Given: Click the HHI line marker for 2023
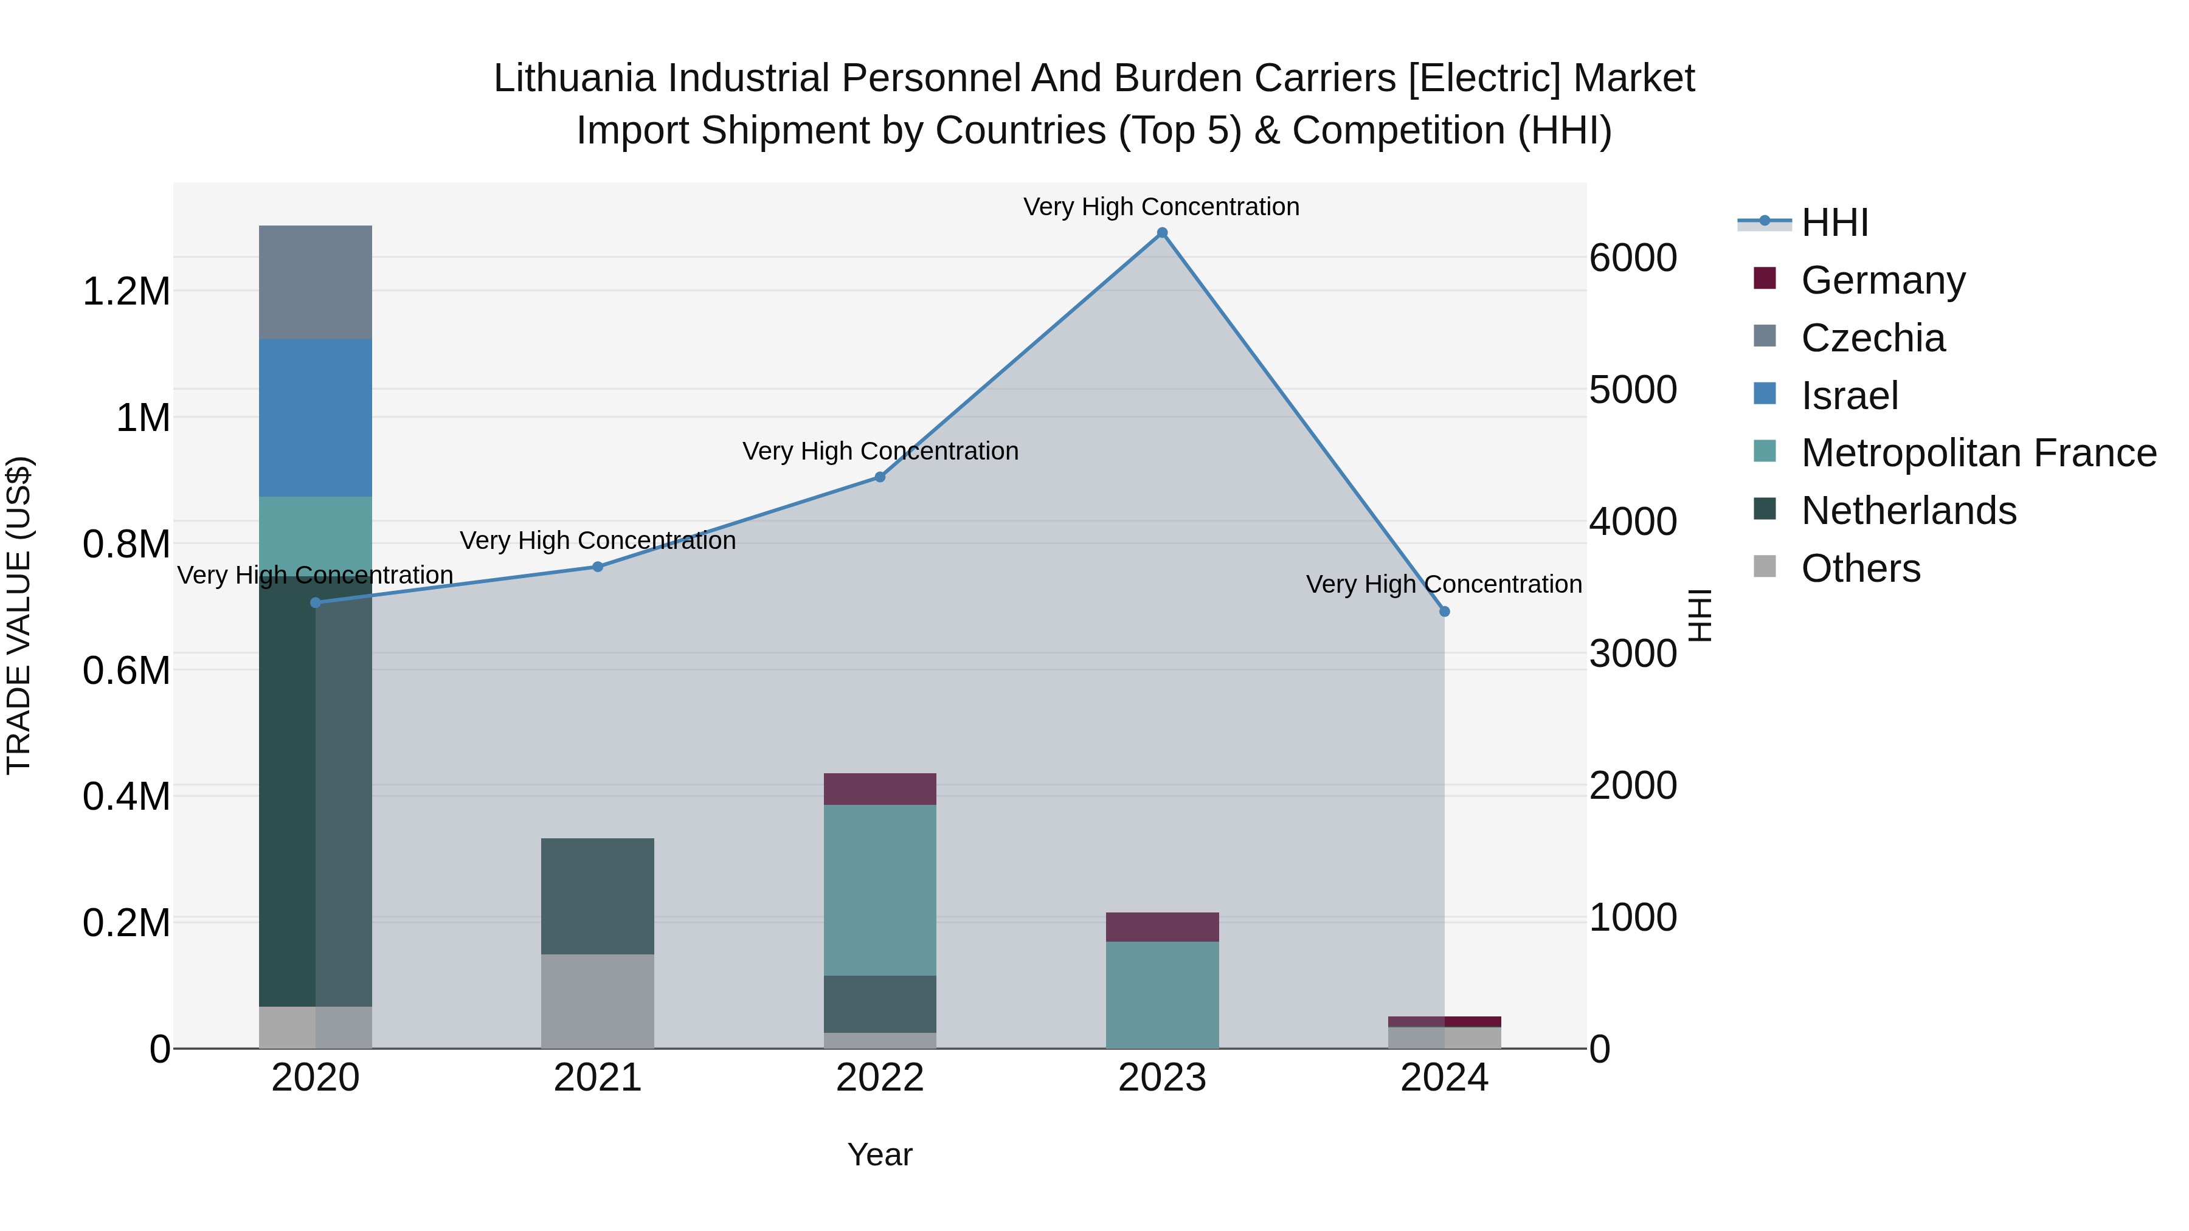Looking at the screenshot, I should pyautogui.click(x=1161, y=233).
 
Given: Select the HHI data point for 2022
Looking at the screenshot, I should pyautogui.click(x=879, y=477).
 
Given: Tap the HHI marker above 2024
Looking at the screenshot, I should pyautogui.click(x=1444, y=612).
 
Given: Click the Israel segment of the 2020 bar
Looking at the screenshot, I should pyautogui.click(x=315, y=418).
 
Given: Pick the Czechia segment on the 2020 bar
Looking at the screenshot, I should pyautogui.click(x=315, y=282).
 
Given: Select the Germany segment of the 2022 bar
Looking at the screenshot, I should pyautogui.click(x=879, y=788).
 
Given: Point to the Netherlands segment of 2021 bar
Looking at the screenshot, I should pyautogui.click(x=597, y=895).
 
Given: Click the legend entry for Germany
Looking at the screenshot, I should pyautogui.click(x=1882, y=280).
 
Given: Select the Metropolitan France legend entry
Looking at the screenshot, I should pyautogui.click(x=1978, y=453).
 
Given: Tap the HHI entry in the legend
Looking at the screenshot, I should pyautogui.click(x=1834, y=222).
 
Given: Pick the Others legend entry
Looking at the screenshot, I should pyautogui.click(x=1860, y=568).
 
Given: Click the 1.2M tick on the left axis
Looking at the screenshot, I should pyautogui.click(x=126, y=291).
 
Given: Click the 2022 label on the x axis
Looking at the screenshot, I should pyautogui.click(x=879, y=1078).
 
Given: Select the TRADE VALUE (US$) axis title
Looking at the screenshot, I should pyautogui.click(x=19, y=615).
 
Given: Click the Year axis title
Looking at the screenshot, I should pyautogui.click(x=879, y=1154).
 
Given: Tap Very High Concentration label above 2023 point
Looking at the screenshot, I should pyautogui.click(x=1161, y=207).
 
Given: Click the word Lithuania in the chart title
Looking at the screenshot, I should pyautogui.click(x=575, y=78).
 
